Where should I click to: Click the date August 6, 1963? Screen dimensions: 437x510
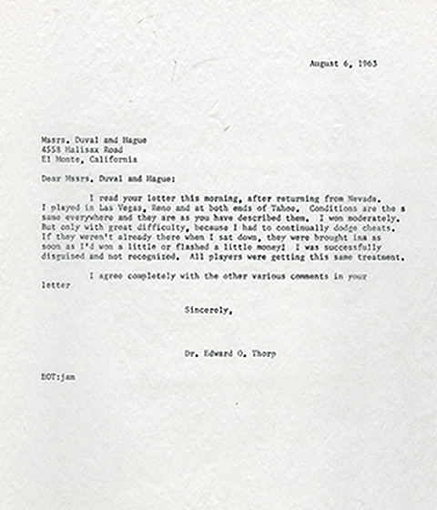point(342,64)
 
